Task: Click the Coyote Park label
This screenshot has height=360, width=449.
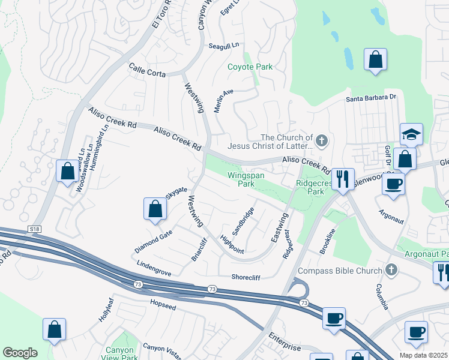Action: click(250, 67)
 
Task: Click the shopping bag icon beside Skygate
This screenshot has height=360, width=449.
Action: click(155, 209)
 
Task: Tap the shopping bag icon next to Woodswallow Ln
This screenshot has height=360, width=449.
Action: click(67, 171)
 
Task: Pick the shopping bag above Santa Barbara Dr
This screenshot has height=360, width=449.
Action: click(375, 60)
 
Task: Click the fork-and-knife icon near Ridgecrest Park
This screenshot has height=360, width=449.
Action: click(343, 179)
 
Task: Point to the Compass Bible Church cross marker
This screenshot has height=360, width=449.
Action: click(392, 270)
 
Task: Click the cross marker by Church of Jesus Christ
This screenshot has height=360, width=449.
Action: click(321, 142)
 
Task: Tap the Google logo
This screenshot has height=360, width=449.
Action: click(19, 353)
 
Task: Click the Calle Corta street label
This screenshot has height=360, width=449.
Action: click(146, 71)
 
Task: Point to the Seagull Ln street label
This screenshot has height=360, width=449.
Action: click(223, 46)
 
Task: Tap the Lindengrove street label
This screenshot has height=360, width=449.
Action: click(154, 268)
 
